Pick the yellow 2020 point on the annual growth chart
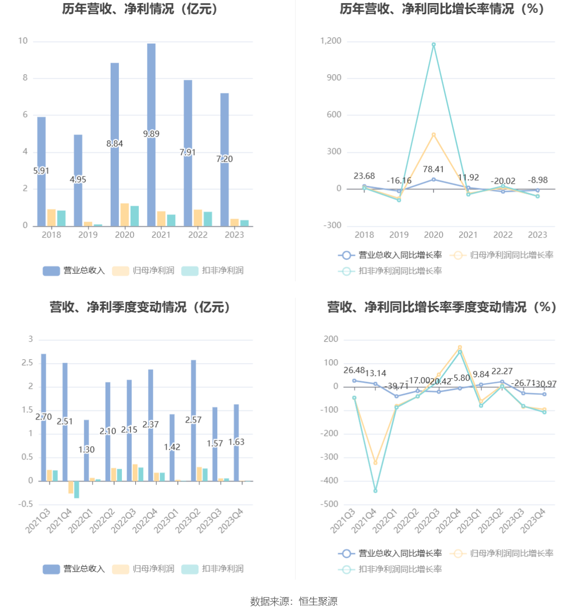[x=433, y=135]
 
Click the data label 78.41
[x=433, y=169]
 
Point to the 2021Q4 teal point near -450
[x=375, y=491]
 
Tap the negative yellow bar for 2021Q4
[x=71, y=487]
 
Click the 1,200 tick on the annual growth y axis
[x=331, y=41]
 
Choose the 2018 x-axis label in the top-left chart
[x=51, y=235]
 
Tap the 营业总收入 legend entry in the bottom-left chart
[x=74, y=569]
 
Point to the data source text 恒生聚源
[x=318, y=602]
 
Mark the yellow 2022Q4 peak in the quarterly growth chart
[x=459, y=347]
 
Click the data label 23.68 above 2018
[x=364, y=176]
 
